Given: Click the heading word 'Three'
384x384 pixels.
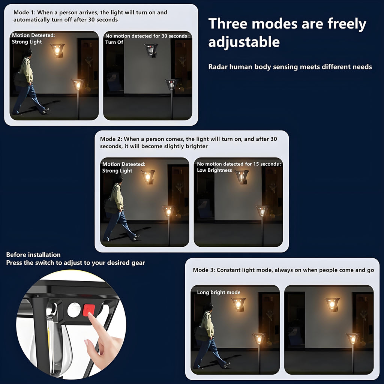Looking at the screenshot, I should pos(228,24).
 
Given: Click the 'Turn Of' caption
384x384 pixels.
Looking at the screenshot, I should pos(114,42).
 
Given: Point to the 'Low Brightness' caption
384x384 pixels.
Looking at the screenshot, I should pos(214,170).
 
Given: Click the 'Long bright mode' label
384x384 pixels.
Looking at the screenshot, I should pos(219,292).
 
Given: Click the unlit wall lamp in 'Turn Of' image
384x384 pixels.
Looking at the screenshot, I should pos(151,49).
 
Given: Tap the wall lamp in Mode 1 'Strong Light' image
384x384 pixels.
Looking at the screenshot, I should pos(58,49).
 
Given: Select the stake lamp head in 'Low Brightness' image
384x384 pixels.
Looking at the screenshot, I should pos(262,211).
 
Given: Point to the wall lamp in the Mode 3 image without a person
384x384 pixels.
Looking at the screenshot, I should pos(332,304).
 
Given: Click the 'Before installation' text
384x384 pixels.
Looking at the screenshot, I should pos(33,255).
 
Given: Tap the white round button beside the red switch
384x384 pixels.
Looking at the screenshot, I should pos(74,310).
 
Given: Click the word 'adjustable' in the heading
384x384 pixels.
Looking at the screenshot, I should pos(244,42).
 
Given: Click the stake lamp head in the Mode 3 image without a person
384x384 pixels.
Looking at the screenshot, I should pos(352,338).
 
